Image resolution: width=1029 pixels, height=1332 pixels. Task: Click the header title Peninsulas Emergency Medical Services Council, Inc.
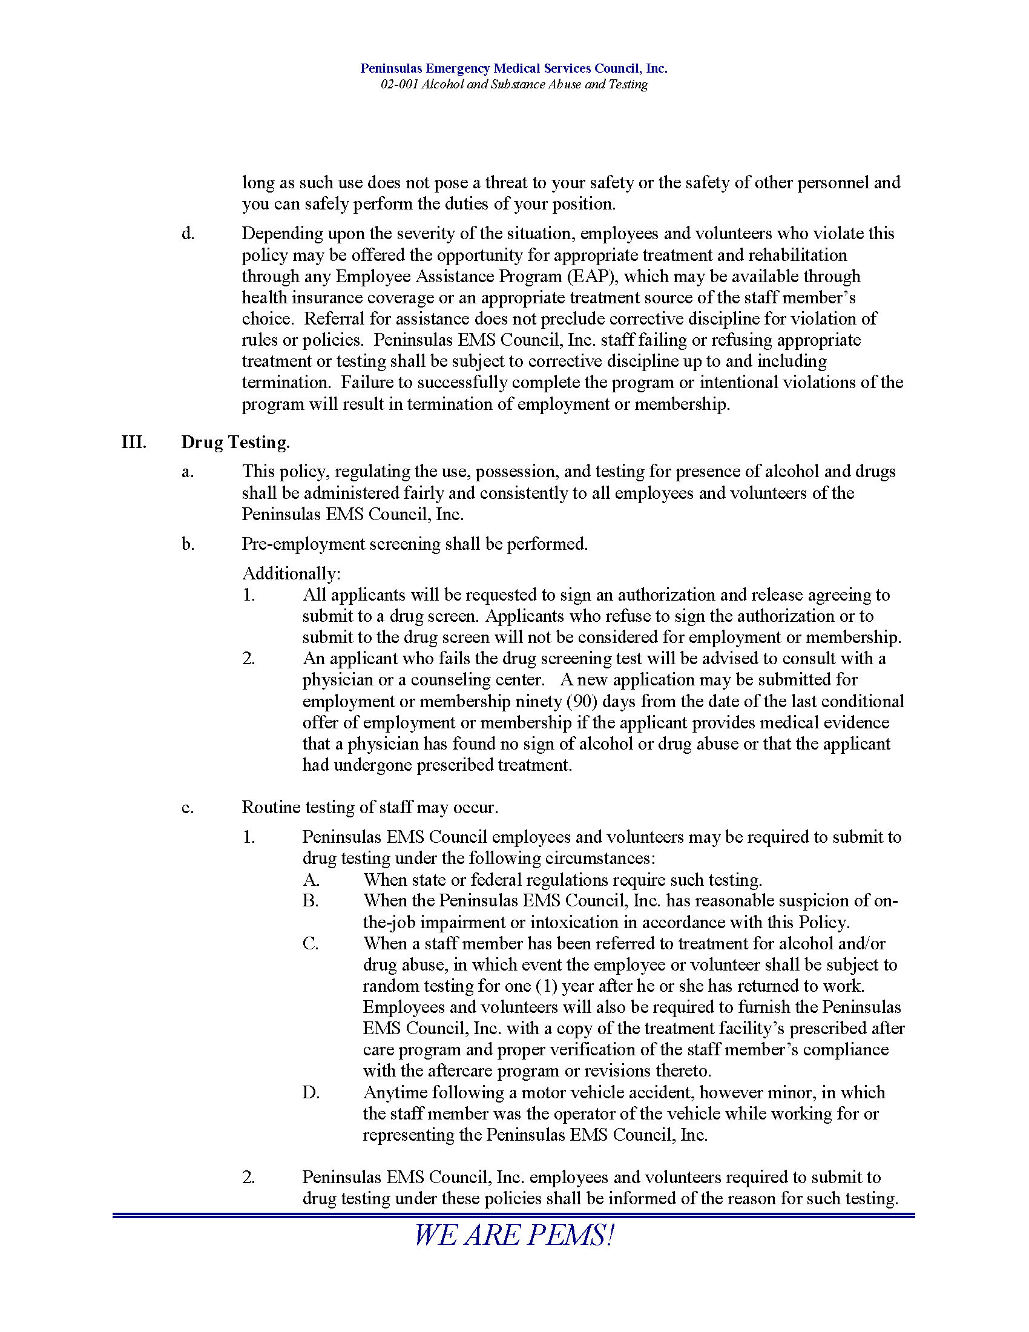513,68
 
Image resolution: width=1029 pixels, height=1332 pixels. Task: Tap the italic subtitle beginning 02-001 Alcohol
513,84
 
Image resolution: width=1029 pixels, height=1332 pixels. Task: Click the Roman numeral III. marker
134,442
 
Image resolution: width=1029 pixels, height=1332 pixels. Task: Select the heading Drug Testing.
235,442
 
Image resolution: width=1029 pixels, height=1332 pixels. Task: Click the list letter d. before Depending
188,234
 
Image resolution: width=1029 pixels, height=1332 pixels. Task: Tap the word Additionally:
291,573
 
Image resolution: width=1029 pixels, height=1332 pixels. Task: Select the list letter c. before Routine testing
188,808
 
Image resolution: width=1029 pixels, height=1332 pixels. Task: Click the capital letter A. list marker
311,880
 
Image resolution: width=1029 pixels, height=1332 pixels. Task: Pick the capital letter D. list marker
311,1093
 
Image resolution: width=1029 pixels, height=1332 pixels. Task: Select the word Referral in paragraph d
333,319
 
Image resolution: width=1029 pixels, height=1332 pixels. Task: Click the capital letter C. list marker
311,944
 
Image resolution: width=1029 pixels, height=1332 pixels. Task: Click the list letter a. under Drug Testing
188,472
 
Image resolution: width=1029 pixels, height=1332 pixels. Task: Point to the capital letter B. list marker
311,902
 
